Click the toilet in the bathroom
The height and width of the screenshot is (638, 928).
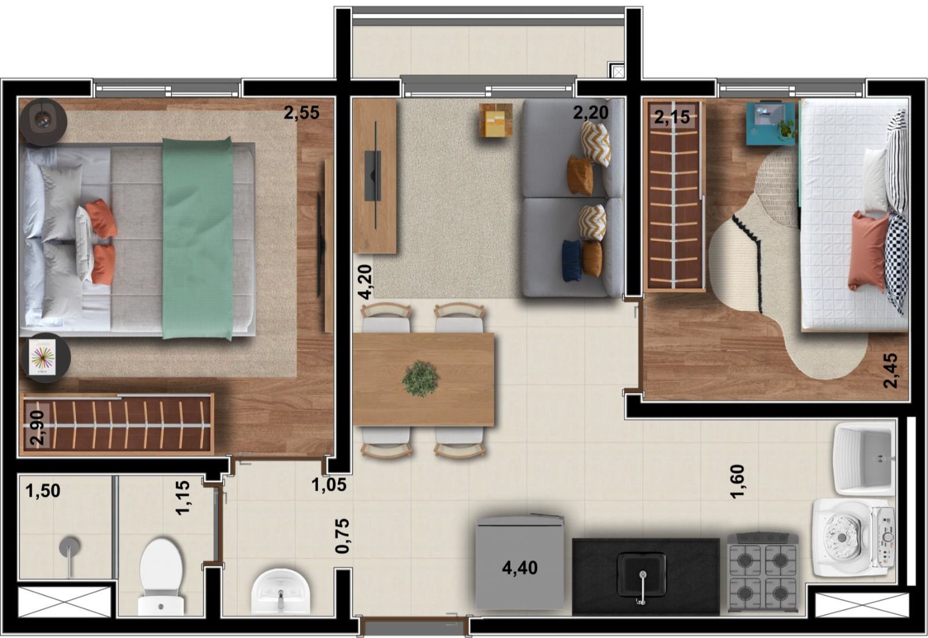161,578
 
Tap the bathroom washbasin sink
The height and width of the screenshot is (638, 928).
281,590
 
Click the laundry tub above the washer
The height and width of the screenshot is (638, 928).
865,459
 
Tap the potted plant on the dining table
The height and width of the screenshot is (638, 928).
420,378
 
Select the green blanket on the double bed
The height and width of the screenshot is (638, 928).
198,238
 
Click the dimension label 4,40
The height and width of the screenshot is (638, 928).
520,568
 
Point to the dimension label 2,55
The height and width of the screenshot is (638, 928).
302,113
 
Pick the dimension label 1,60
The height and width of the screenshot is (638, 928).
738,482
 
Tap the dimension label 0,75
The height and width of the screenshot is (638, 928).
343,536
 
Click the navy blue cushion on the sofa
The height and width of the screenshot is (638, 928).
572,261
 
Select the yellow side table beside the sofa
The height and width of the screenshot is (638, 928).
495,119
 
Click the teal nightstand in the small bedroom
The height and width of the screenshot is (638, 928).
771,124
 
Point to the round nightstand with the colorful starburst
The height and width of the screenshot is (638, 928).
46,357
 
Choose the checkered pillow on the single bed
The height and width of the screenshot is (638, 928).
896,263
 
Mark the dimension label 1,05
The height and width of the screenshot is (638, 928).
329,485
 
